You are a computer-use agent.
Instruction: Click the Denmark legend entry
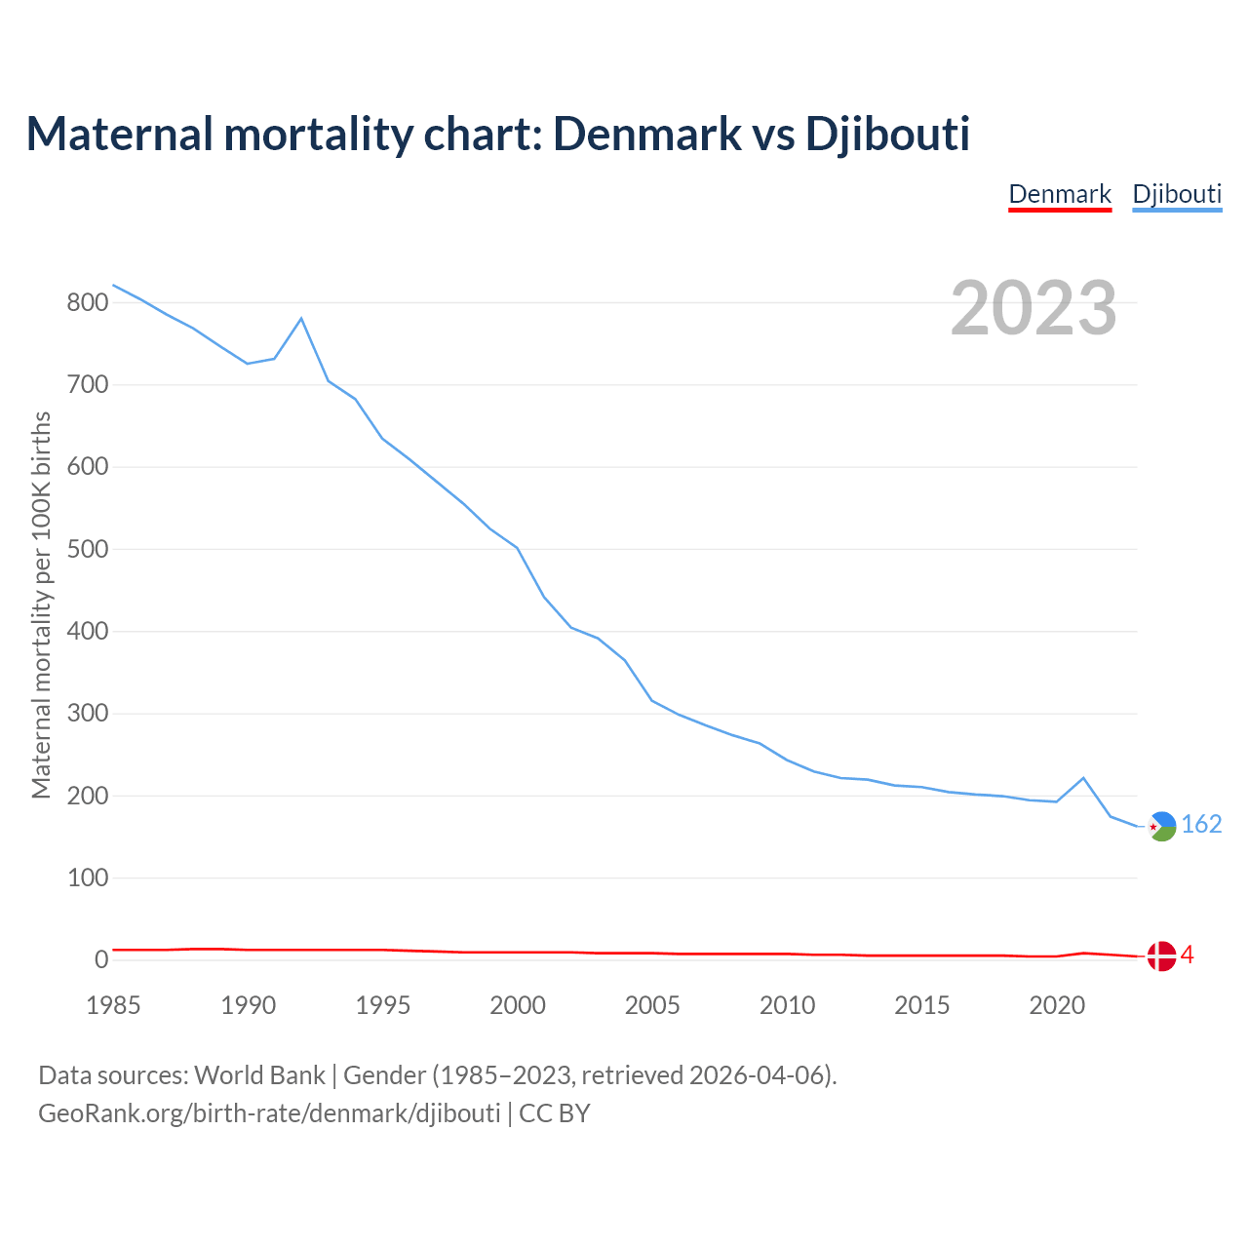[1060, 194]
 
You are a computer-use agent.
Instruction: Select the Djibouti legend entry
[1177, 194]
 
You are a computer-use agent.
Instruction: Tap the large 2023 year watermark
[1033, 308]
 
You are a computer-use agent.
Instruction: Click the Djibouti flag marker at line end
[1161, 826]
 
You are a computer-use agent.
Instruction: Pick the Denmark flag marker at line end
[1161, 956]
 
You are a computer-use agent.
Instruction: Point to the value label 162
[1201, 825]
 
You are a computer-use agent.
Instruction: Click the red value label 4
[1187, 955]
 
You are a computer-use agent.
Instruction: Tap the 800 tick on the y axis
[87, 303]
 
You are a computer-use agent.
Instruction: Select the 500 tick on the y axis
[87, 550]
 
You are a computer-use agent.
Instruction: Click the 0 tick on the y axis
[101, 960]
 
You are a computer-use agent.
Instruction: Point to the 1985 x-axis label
[113, 1006]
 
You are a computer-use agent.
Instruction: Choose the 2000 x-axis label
[518, 1006]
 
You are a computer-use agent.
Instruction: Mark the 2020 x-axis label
[1057, 1006]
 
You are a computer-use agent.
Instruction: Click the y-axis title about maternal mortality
[41, 604]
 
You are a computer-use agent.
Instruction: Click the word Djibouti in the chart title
[887, 134]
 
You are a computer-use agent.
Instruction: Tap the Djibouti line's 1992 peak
[301, 319]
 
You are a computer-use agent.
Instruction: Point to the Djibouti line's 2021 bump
[1083, 778]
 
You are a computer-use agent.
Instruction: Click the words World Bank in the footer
[259, 1075]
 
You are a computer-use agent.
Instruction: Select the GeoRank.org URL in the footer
[269, 1113]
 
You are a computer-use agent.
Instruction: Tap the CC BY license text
[555, 1113]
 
